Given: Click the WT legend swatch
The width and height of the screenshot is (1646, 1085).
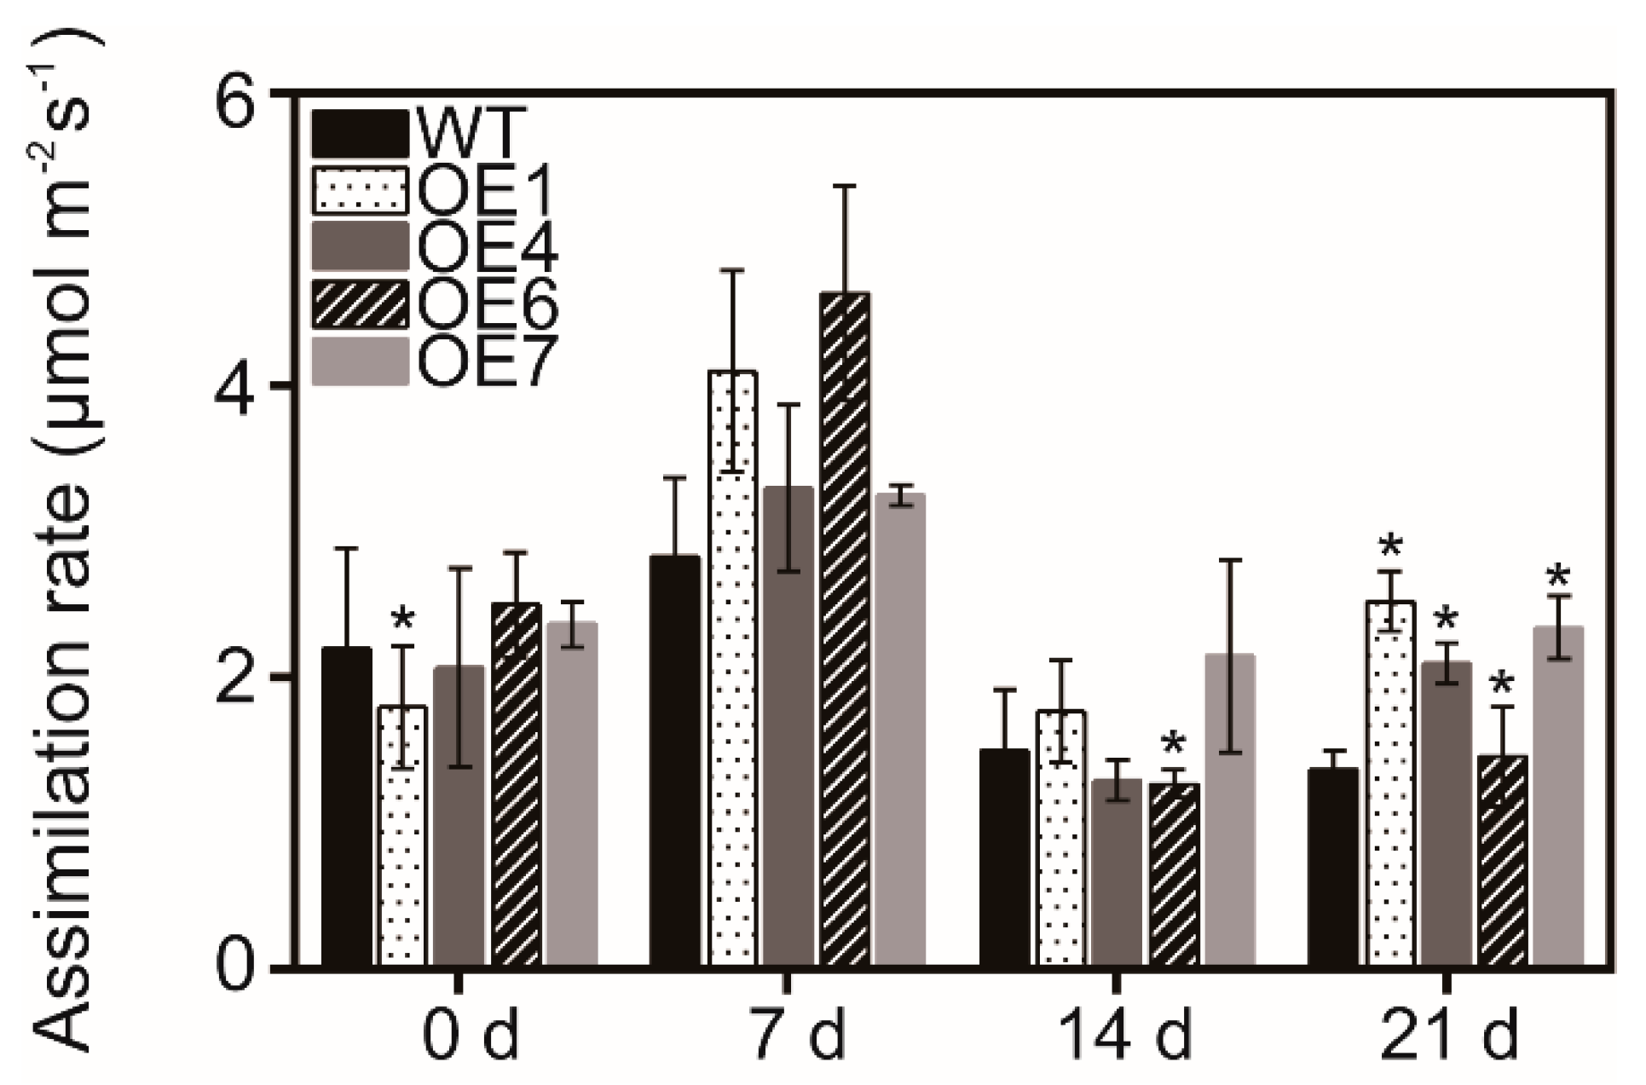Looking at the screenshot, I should pyautogui.click(x=360, y=134).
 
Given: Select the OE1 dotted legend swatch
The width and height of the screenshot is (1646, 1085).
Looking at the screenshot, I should pyautogui.click(x=360, y=190).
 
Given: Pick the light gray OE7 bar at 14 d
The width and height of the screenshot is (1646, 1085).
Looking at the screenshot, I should pyautogui.click(x=1230, y=810).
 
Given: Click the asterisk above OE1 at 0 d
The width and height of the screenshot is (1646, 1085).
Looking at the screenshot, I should pyautogui.click(x=403, y=620).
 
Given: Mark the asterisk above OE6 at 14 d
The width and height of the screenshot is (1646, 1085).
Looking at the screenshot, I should pyautogui.click(x=1174, y=743).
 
